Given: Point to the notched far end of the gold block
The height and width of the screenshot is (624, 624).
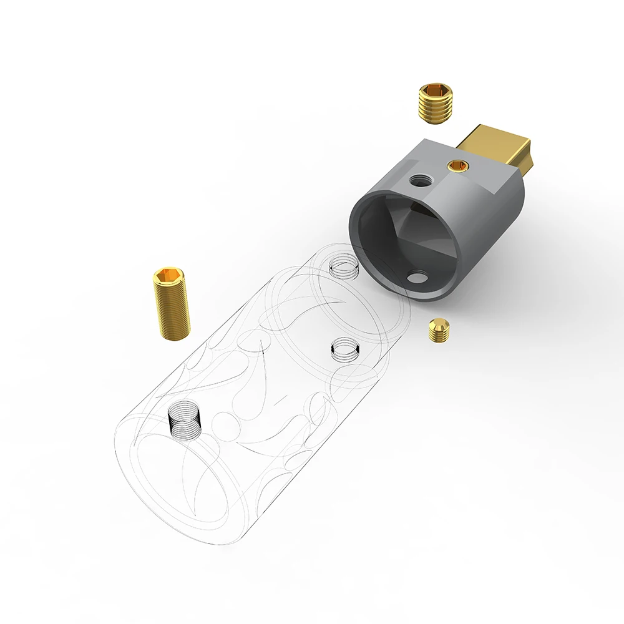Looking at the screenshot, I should click(528, 157).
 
